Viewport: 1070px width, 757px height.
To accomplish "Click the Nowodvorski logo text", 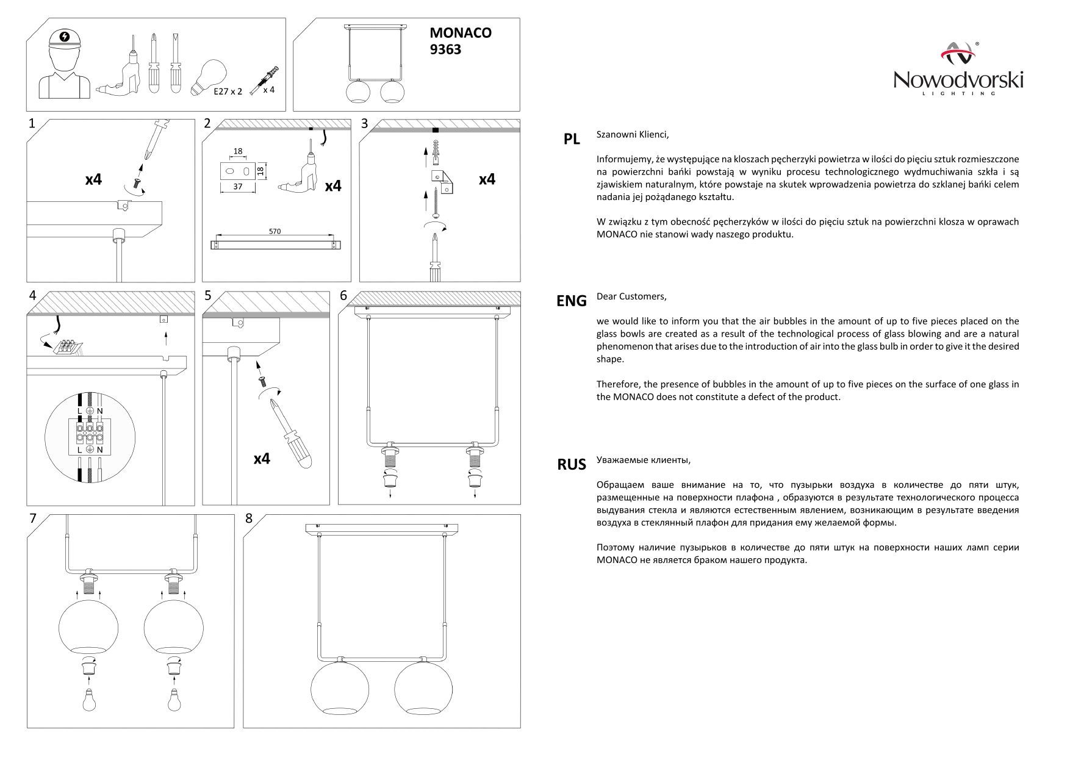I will click(958, 80).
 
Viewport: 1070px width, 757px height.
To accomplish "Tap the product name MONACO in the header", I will click(461, 33).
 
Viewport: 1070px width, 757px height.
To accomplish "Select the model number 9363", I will click(445, 50).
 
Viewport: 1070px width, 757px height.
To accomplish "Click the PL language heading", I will click(572, 140).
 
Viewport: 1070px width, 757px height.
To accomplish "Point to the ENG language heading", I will click(572, 301).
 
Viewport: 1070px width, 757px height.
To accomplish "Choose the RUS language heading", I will click(572, 465).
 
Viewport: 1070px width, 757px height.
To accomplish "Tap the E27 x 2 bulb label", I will click(228, 91).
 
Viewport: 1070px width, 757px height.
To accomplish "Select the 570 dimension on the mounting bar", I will click(275, 232).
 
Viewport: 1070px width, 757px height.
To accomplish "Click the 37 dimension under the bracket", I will click(238, 187).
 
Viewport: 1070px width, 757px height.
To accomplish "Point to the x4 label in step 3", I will click(487, 179).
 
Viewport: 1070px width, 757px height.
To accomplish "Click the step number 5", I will click(208, 296).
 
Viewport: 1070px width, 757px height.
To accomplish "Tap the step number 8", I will click(248, 518).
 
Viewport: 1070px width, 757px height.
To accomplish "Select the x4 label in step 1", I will click(93, 180).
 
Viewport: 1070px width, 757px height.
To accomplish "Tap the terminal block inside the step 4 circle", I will click(90, 432).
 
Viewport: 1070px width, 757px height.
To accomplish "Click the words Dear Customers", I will click(631, 296).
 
